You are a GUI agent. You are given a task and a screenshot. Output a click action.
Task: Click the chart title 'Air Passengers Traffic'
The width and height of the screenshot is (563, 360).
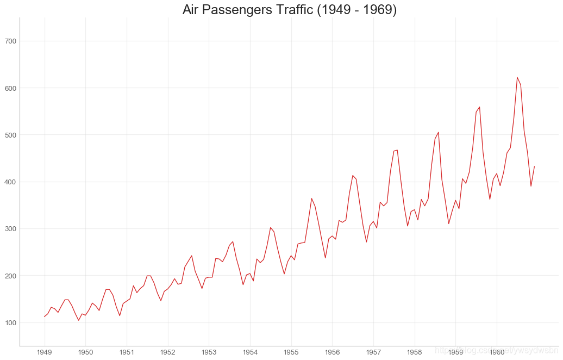point(289,10)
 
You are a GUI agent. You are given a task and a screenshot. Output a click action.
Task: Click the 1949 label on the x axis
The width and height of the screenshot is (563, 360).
point(45,352)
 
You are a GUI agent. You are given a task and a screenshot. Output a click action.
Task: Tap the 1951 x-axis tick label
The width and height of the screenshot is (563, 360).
point(127,352)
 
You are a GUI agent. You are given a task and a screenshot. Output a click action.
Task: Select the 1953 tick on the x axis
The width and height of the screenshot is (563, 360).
point(209,352)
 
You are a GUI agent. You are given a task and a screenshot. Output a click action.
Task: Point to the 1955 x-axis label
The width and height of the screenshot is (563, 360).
point(291,352)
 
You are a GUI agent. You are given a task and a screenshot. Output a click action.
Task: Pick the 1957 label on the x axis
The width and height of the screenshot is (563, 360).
point(373,352)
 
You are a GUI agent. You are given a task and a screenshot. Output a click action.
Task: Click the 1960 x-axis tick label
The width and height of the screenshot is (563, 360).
point(497,352)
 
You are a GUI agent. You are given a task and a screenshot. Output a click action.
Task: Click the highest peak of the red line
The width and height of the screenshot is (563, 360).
point(517,77)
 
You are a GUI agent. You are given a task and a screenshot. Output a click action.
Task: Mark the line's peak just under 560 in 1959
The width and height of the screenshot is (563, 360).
point(479,107)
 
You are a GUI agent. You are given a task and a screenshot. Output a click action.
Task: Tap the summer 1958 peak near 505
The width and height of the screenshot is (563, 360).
point(439,132)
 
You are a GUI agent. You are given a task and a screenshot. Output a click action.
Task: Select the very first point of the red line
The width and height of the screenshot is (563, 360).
point(45,316)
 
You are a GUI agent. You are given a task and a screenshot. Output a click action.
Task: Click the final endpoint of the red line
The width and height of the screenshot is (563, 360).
point(534,166)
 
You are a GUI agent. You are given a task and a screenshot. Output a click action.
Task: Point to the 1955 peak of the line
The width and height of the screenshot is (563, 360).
point(311,198)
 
